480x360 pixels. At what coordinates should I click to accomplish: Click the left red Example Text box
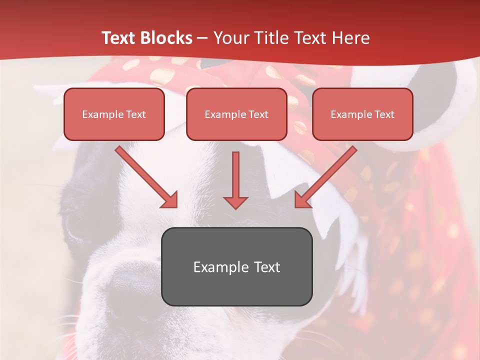tap(114, 114)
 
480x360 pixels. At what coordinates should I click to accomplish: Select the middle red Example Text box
tap(236, 114)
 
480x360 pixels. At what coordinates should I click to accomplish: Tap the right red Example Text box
tap(362, 114)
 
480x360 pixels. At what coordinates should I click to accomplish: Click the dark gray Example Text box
tap(236, 266)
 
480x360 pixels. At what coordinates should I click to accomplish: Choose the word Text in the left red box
tap(135, 114)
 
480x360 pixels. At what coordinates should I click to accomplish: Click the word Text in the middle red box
tap(258, 114)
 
